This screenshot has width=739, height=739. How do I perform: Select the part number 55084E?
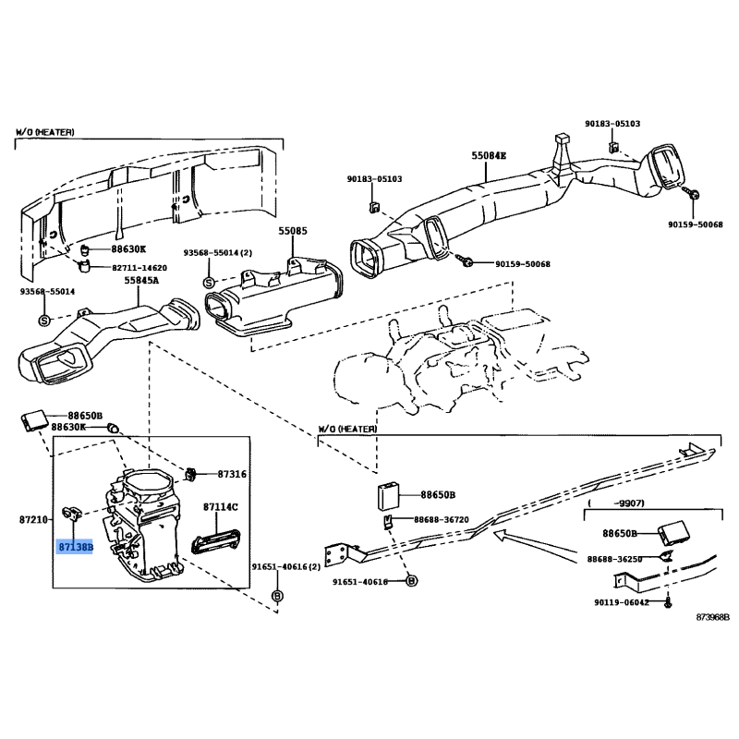490,157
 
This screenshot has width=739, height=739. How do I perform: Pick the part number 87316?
232,474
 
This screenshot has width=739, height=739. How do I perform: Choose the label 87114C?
221,507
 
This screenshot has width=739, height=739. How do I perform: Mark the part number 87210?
32,521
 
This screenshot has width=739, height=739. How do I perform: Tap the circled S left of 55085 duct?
208,281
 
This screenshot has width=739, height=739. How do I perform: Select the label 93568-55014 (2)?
217,252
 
